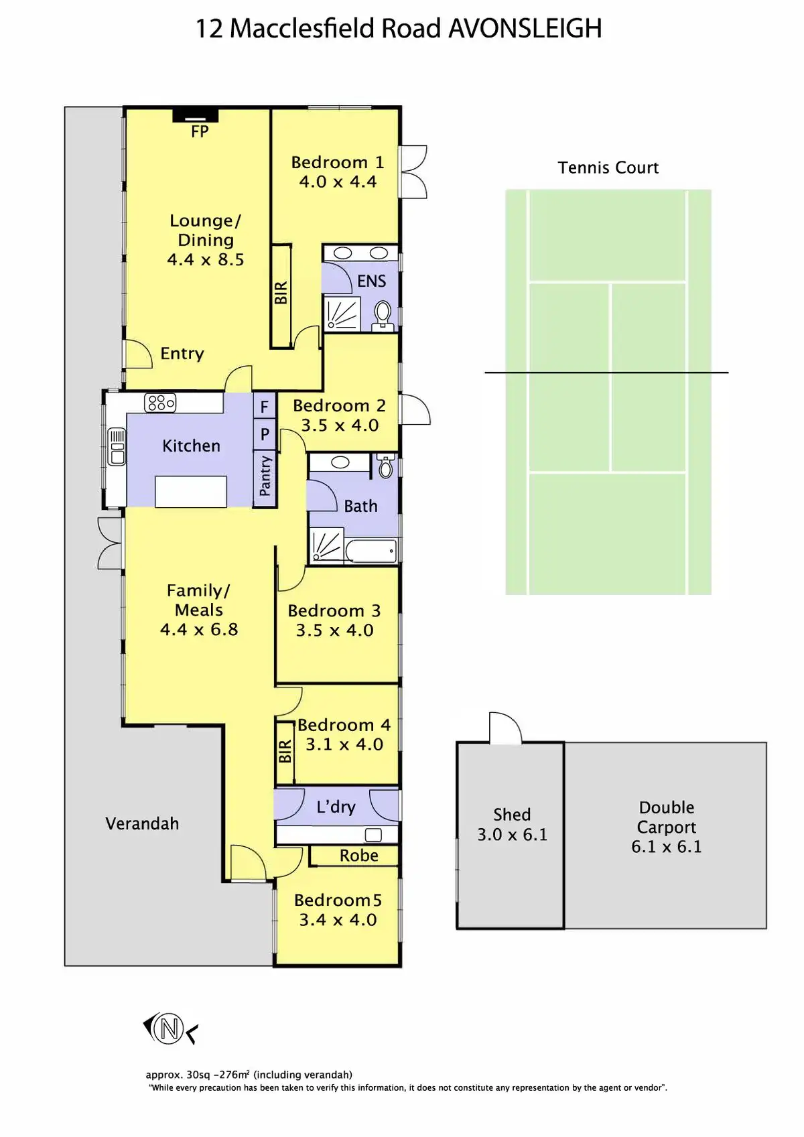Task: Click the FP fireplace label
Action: pyautogui.click(x=200, y=132)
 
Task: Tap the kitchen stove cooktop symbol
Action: pyautogui.click(x=160, y=403)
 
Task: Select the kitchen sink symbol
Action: pyautogui.click(x=117, y=447)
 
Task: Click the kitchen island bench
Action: pyautogui.click(x=191, y=491)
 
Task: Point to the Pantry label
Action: pyautogui.click(x=265, y=476)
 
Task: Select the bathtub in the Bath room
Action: pyautogui.click(x=371, y=551)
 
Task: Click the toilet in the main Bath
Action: pyautogui.click(x=386, y=466)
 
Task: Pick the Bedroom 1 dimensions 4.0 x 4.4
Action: pyautogui.click(x=338, y=182)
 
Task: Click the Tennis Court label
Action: pyautogui.click(x=608, y=168)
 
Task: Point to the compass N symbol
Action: pyautogui.click(x=170, y=1029)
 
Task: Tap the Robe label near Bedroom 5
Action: pyautogui.click(x=359, y=856)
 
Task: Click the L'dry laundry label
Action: pyautogui.click(x=336, y=807)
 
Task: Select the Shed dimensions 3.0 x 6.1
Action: pyautogui.click(x=512, y=835)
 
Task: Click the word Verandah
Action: pyautogui.click(x=142, y=823)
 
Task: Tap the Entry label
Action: pyautogui.click(x=182, y=353)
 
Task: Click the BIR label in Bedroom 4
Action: pyautogui.click(x=285, y=751)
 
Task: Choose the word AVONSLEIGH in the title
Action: pyautogui.click(x=525, y=28)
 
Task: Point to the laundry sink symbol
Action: pyautogui.click(x=373, y=835)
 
